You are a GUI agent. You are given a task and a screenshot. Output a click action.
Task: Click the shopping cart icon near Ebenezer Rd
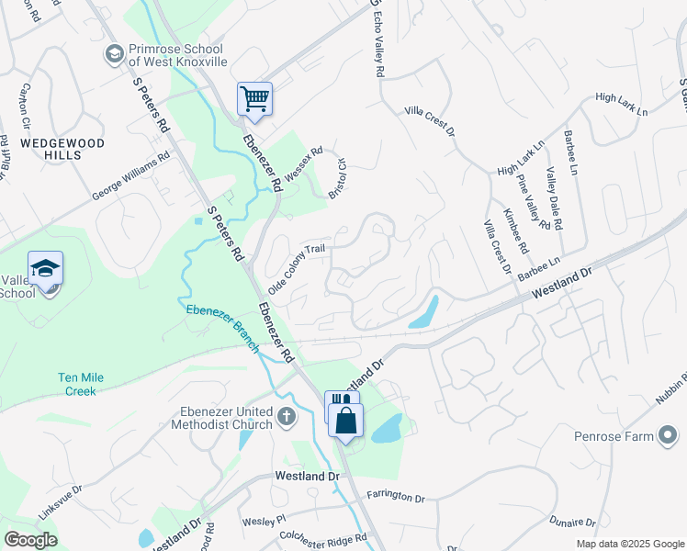[254, 98]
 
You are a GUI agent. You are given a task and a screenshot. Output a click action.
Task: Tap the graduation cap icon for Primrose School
[115, 54]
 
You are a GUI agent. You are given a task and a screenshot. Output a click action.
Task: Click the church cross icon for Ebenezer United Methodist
[287, 418]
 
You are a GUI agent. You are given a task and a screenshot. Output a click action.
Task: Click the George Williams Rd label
[131, 176]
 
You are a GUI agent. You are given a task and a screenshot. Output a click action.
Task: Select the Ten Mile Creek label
[89, 384]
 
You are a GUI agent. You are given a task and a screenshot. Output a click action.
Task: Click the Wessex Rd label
[304, 165]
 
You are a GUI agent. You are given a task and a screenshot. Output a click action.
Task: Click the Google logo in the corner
[30, 540]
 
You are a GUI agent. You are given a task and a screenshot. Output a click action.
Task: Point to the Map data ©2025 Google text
[629, 543]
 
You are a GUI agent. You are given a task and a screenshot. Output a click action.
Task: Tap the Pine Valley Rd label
[533, 202]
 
